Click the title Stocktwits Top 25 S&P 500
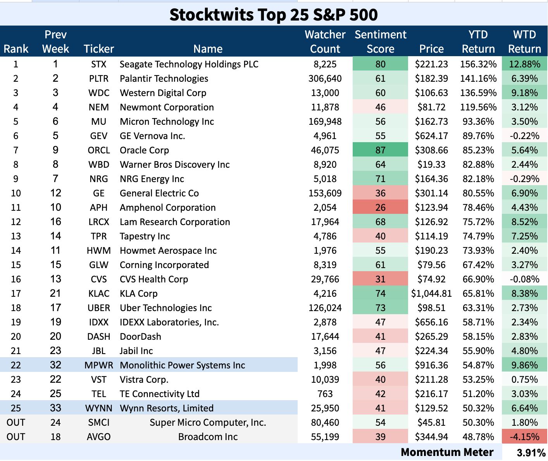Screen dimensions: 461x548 274,15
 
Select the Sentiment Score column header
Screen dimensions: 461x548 380,41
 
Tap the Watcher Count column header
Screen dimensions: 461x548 325,41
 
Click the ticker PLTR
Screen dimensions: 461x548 98,79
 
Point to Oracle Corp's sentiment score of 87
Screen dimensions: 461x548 380,150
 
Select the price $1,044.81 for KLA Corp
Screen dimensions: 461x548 431,294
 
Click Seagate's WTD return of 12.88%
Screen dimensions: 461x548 524,64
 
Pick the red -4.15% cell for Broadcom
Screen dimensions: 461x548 524,437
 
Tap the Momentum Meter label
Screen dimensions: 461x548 447,452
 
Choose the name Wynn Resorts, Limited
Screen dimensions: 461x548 167,408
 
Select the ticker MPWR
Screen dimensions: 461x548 99,365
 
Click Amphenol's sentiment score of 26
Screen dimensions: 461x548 380,208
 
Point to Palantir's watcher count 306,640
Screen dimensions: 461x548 325,79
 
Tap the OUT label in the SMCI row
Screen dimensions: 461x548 16,423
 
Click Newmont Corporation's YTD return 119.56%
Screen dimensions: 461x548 478,107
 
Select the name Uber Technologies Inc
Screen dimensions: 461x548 166,308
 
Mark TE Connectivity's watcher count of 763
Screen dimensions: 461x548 325,394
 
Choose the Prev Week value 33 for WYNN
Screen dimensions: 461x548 55,408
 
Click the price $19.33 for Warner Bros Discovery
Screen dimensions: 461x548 431,165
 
